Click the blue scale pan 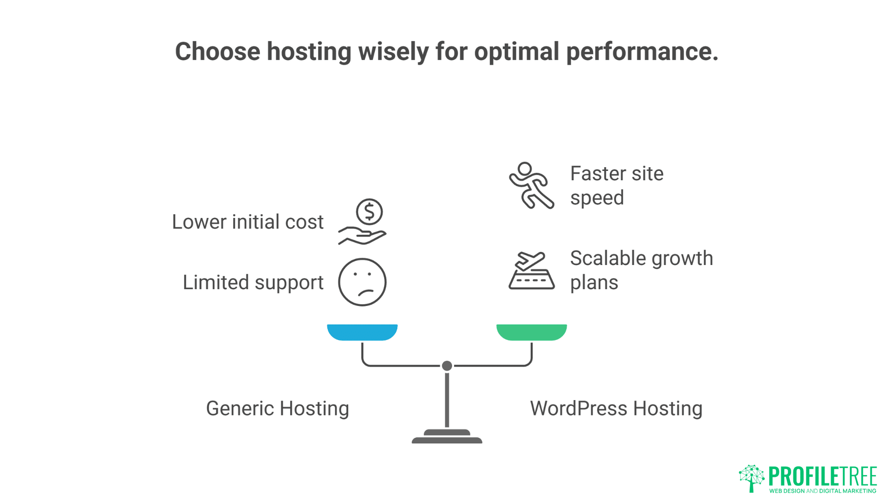coord(362,332)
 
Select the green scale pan coord(531,332)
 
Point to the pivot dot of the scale coord(447,366)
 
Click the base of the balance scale coord(447,438)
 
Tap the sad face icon coord(362,282)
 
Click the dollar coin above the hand coord(369,212)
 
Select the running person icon coord(531,185)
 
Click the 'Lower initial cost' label coord(247,222)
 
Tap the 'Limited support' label coord(253,283)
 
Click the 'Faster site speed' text coord(616,185)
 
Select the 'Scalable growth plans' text coord(641,270)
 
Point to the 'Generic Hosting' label coord(278,408)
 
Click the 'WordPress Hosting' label coord(616,408)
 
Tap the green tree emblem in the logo coord(752,478)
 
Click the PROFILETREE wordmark coord(822,476)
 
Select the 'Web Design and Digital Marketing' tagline coord(822,491)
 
